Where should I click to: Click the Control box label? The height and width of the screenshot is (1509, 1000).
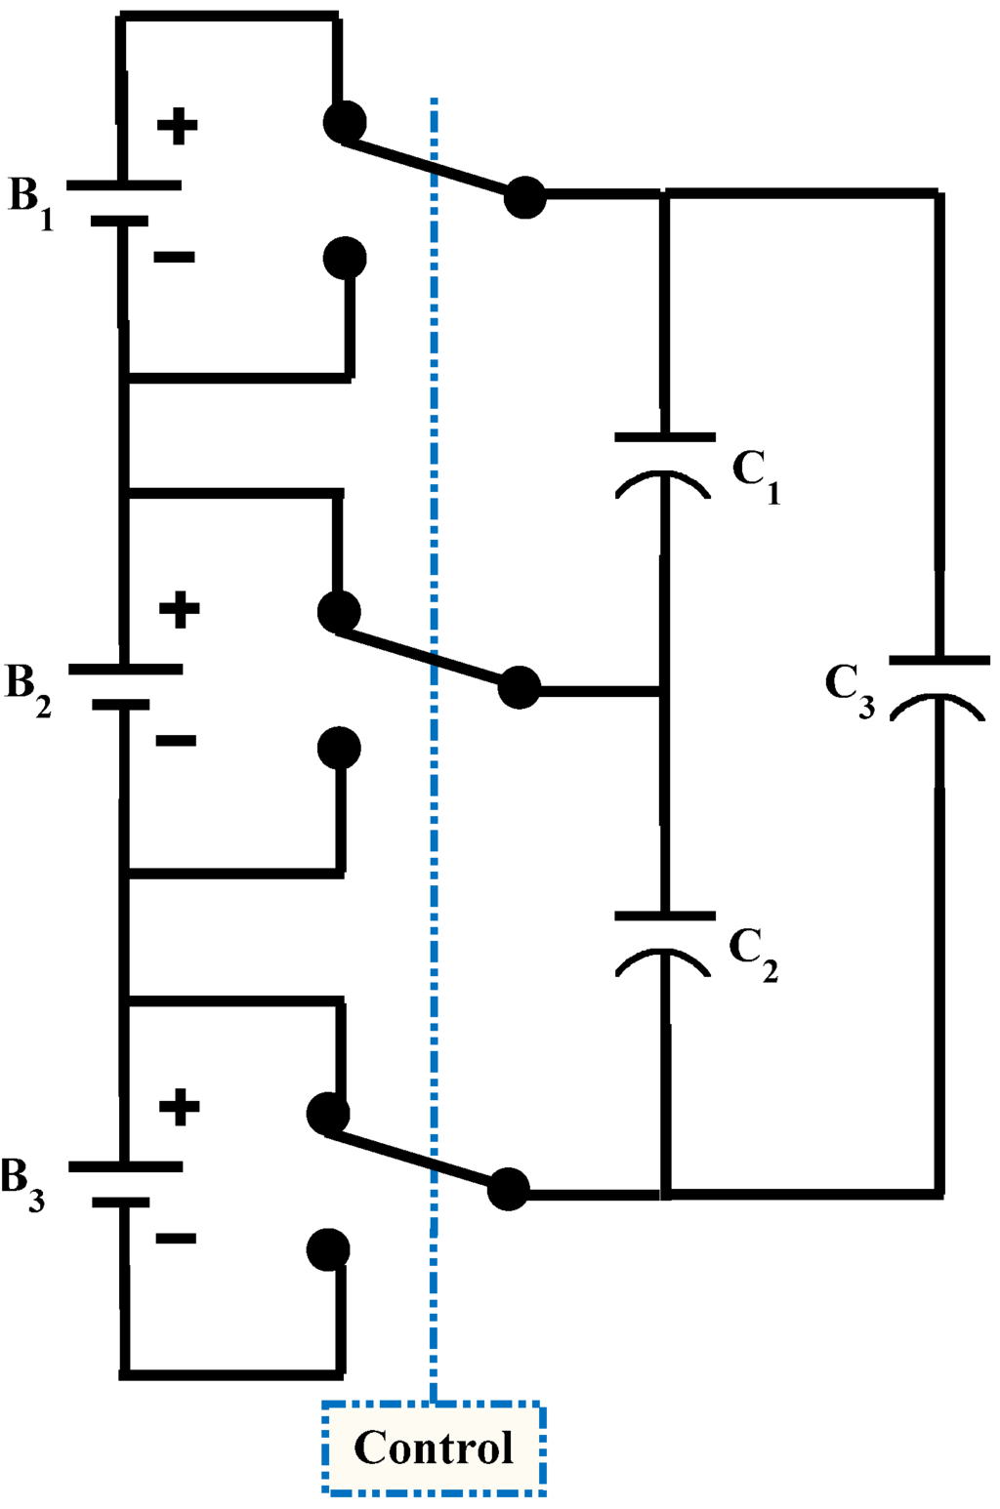click(x=434, y=1448)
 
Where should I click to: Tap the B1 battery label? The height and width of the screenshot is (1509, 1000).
click(x=29, y=201)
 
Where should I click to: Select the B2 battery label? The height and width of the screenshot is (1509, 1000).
click(x=28, y=687)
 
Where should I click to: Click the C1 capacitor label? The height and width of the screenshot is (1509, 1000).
click(x=756, y=475)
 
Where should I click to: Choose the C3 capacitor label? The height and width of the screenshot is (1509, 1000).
click(x=850, y=689)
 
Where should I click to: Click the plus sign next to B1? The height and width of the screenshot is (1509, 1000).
click(x=178, y=125)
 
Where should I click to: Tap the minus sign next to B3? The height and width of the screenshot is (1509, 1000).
click(x=176, y=1239)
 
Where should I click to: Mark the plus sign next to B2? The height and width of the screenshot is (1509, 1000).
click(x=180, y=610)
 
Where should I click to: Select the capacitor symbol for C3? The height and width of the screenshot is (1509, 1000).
click(x=938, y=682)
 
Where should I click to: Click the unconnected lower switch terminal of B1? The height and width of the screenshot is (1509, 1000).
click(x=345, y=259)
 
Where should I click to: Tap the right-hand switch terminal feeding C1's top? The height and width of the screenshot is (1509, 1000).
click(x=525, y=198)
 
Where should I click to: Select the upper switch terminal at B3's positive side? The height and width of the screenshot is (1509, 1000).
click(x=328, y=1114)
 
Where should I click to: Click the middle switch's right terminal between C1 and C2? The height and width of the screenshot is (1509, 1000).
click(x=519, y=688)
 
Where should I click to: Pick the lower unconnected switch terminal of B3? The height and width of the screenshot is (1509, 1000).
click(x=328, y=1249)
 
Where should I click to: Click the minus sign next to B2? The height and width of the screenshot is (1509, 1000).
click(x=176, y=741)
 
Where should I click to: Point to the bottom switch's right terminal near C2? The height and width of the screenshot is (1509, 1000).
click(x=508, y=1189)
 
